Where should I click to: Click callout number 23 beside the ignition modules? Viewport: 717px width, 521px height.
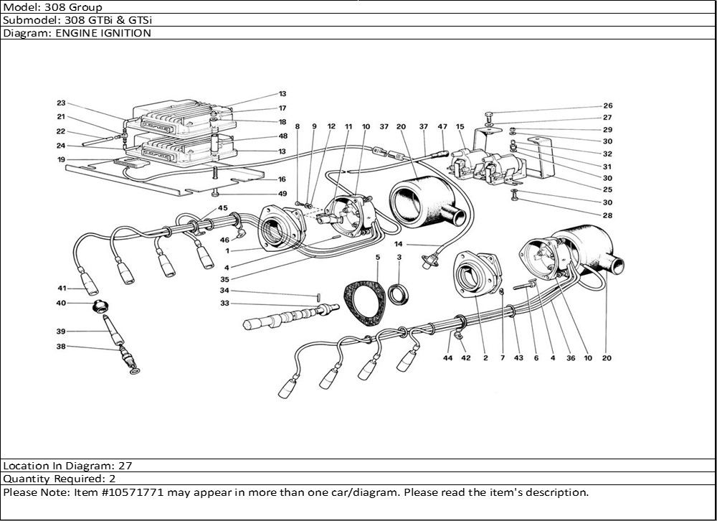pyautogui.click(x=61, y=103)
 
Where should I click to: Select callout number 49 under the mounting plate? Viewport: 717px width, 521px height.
pyautogui.click(x=282, y=194)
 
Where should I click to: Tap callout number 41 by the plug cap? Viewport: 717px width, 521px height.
pyautogui.click(x=62, y=288)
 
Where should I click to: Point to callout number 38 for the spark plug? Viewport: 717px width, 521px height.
pyautogui.click(x=62, y=347)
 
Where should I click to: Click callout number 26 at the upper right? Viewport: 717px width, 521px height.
pyautogui.click(x=608, y=105)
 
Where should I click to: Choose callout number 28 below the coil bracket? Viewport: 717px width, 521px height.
pyautogui.click(x=608, y=215)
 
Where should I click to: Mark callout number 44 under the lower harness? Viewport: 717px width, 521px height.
pyautogui.click(x=447, y=357)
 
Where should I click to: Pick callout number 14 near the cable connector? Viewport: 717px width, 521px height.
pyautogui.click(x=399, y=245)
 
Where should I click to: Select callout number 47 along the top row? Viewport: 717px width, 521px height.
pyautogui.click(x=442, y=127)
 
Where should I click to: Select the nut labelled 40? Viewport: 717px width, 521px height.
pyautogui.click(x=101, y=308)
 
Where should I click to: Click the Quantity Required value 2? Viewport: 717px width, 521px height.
pyautogui.click(x=113, y=479)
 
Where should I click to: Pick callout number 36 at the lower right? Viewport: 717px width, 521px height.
pyautogui.click(x=571, y=357)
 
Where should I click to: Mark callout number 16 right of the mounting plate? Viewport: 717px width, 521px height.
pyautogui.click(x=282, y=179)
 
